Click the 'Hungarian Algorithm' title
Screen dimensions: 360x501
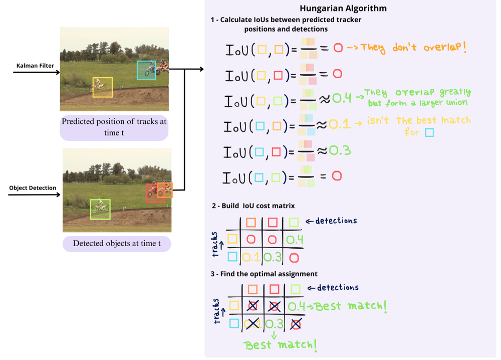tap(343, 9)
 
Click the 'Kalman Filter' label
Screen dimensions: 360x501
tap(35, 66)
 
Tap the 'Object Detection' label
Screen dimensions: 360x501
tap(33, 188)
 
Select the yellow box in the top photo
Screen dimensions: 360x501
tap(103, 87)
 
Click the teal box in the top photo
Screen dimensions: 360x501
tap(146, 70)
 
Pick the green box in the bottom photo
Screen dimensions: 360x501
tap(100, 209)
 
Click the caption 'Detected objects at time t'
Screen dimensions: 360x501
tap(117, 244)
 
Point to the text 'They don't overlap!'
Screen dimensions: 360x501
tap(413, 48)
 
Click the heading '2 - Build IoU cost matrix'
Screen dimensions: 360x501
tap(253, 206)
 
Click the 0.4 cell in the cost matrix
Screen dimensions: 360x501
tap(295, 240)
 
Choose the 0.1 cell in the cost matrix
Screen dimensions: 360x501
tap(251, 258)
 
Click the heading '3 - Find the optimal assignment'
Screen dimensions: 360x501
tap(264, 274)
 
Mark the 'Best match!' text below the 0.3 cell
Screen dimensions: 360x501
tap(280, 345)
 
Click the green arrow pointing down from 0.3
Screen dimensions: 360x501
tap(274, 334)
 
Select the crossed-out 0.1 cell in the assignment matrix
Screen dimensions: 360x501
tap(252, 323)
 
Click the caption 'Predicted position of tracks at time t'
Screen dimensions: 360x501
tap(114, 127)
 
